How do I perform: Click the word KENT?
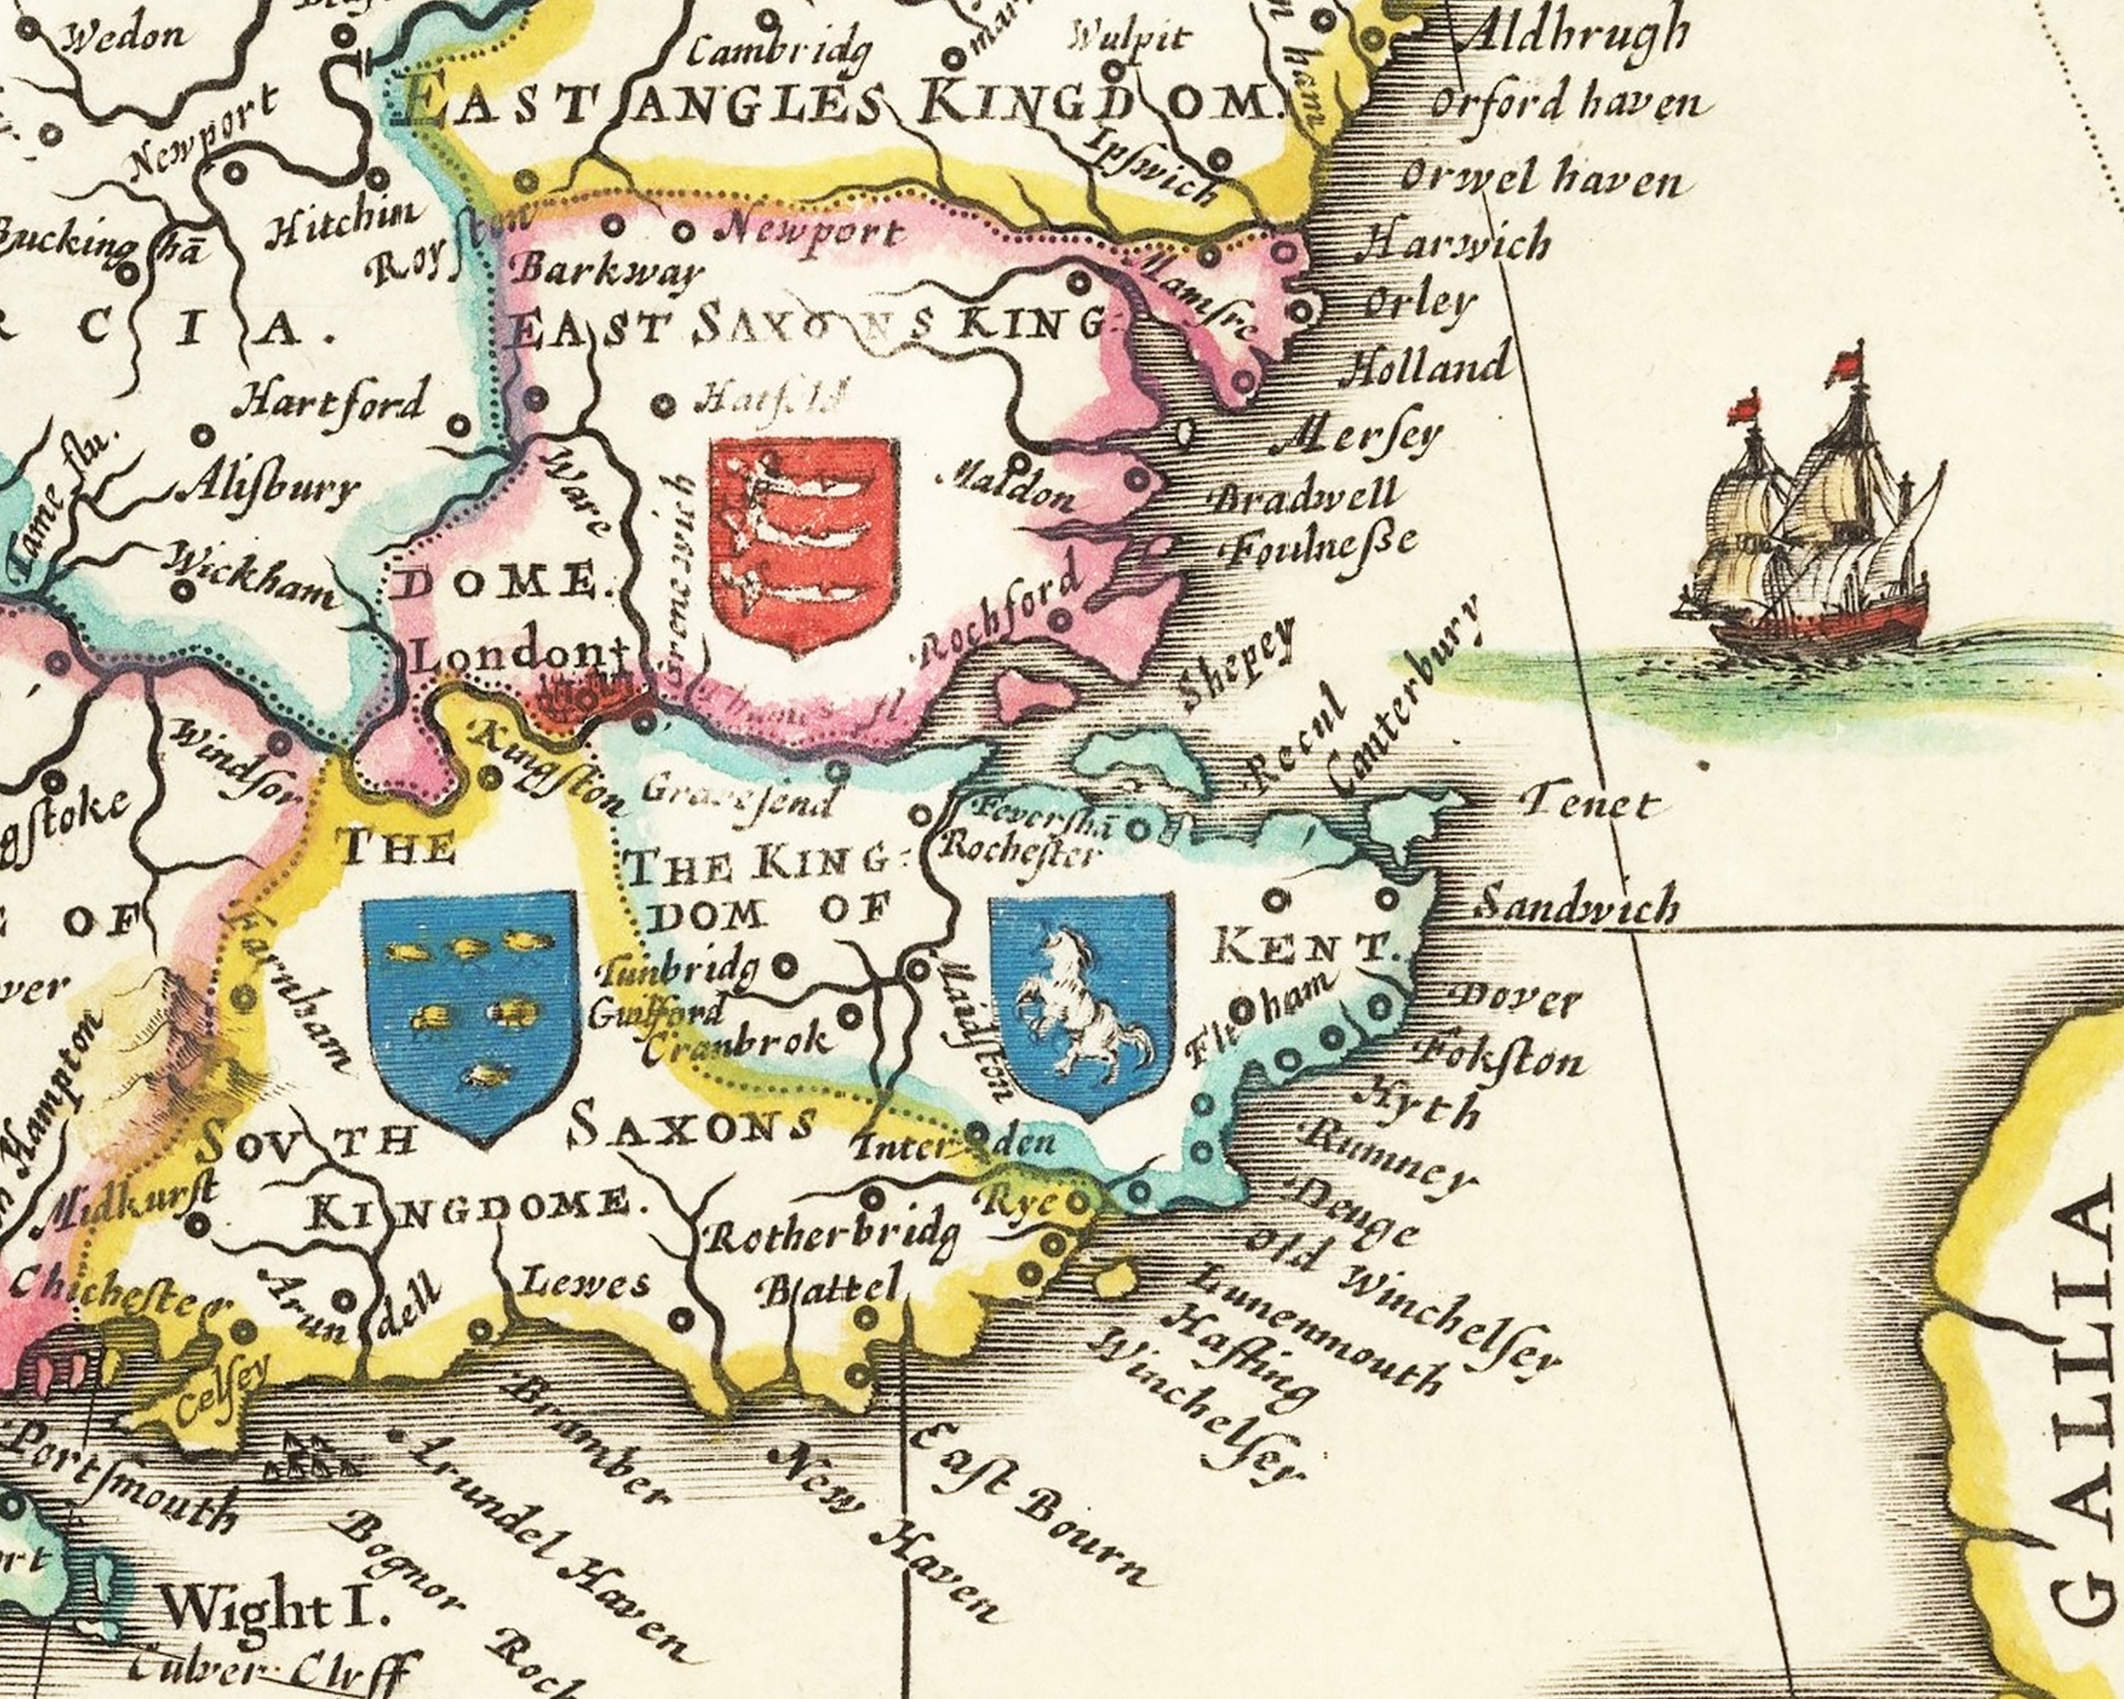point(1303,949)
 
